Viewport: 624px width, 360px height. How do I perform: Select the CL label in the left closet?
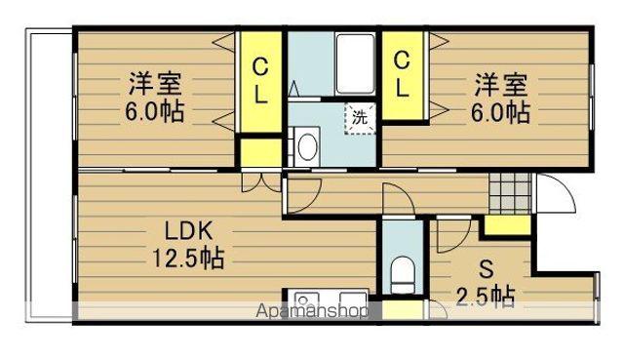[x=261, y=82]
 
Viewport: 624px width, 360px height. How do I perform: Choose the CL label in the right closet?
[x=402, y=74]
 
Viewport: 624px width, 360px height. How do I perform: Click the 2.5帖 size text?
[x=486, y=294]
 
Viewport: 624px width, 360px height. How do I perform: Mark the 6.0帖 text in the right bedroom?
[x=503, y=111]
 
